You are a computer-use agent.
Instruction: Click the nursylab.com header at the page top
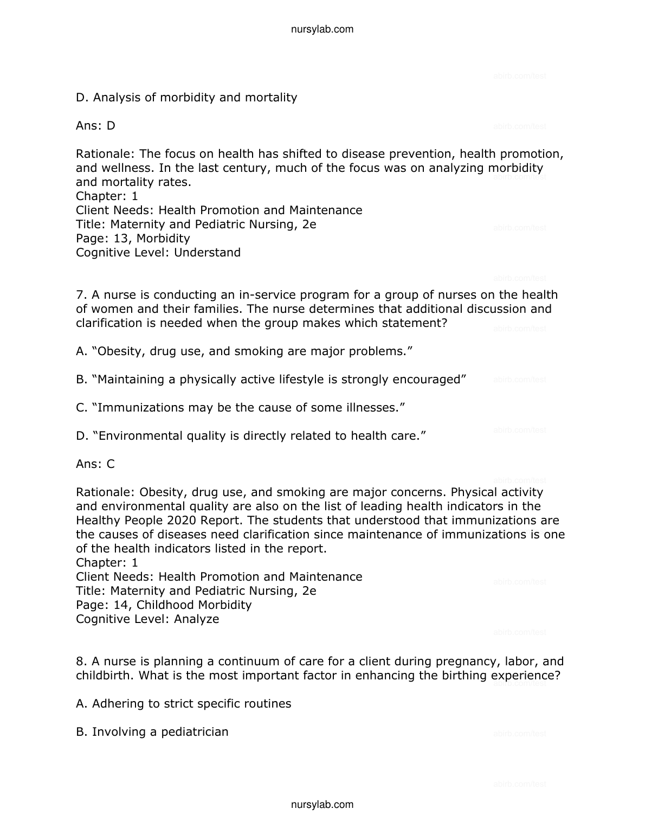pyautogui.click(x=322, y=29)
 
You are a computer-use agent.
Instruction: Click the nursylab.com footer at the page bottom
pyautogui.click(x=322, y=805)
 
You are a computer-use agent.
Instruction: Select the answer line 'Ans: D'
pyautogui.click(x=95, y=126)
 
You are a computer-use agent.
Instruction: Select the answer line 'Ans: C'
pyautogui.click(x=95, y=464)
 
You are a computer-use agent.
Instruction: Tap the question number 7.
pyautogui.click(x=81, y=295)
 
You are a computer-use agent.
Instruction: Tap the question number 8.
pyautogui.click(x=81, y=661)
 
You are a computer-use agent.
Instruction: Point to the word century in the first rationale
pyautogui.click(x=240, y=168)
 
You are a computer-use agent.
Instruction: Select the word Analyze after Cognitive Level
pyautogui.click(x=196, y=619)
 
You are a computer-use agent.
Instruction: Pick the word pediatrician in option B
pyautogui.click(x=195, y=732)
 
